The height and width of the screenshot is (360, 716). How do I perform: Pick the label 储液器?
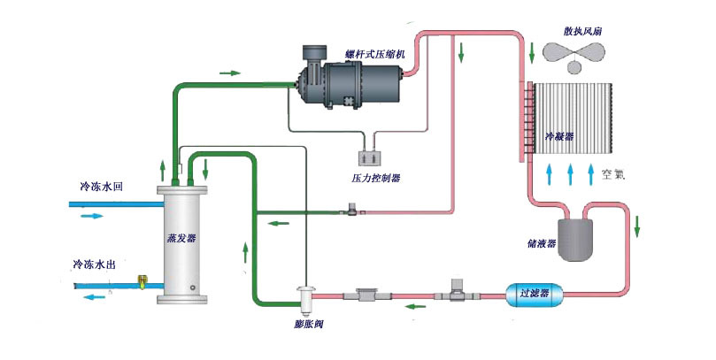point(540,244)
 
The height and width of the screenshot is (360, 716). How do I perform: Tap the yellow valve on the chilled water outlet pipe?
point(141,283)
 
